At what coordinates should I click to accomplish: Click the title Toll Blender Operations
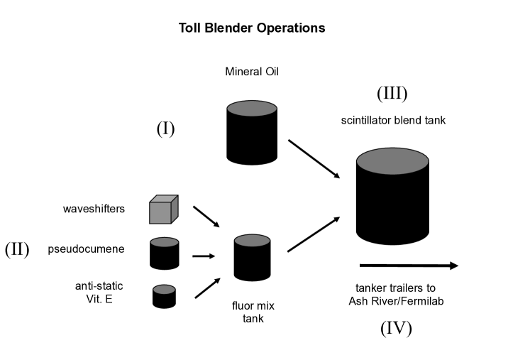253,28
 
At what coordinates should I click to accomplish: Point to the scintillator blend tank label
393,121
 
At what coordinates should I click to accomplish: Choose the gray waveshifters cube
163,210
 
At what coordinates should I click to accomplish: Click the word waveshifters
94,209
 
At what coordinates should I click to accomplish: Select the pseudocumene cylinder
164,253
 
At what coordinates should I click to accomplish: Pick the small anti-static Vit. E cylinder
164,295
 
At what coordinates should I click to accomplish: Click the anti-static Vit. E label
99,292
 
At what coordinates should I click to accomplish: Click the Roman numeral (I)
165,129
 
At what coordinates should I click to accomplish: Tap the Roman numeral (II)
17,250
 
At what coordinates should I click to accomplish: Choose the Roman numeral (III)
392,93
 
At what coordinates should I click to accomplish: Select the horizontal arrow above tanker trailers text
409,266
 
